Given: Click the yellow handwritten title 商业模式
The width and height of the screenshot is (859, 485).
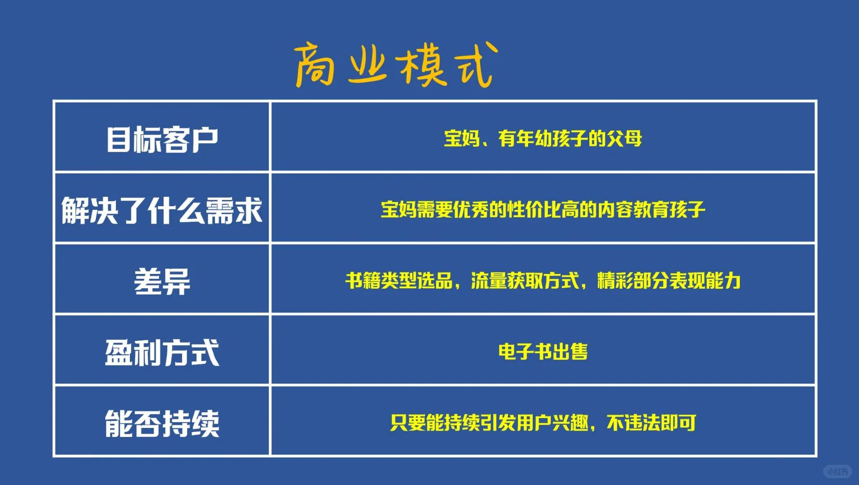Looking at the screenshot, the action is pyautogui.click(x=396, y=64).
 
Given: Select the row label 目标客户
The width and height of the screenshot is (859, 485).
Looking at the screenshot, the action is pyautogui.click(x=162, y=139).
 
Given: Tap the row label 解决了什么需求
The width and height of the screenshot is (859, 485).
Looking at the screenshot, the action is pyautogui.click(x=162, y=210).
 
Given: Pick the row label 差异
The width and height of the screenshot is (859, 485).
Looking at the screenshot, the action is pyautogui.click(x=162, y=281).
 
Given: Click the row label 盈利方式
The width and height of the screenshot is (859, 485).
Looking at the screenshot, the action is pyautogui.click(x=162, y=353).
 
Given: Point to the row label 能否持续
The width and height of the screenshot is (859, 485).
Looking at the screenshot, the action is pyautogui.click(x=162, y=423).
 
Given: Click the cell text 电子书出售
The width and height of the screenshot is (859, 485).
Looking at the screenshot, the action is pyautogui.click(x=543, y=352).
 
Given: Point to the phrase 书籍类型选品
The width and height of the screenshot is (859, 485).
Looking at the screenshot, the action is pyautogui.click(x=399, y=281).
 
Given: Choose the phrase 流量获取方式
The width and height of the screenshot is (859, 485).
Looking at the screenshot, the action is pyautogui.click(x=525, y=281).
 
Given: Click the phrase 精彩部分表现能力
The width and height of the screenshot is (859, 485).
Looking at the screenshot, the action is pyautogui.click(x=669, y=281).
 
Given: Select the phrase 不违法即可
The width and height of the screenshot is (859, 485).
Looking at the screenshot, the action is pyautogui.click(x=651, y=423).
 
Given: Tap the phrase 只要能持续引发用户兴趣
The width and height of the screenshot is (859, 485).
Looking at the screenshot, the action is pyautogui.click(x=489, y=423).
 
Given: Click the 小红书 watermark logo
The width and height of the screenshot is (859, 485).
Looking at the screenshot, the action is pyautogui.click(x=837, y=472).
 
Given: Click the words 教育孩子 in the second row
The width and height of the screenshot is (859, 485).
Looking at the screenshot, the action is pyautogui.click(x=669, y=210).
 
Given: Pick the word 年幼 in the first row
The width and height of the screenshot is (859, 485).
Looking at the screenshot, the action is pyautogui.click(x=534, y=138).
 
